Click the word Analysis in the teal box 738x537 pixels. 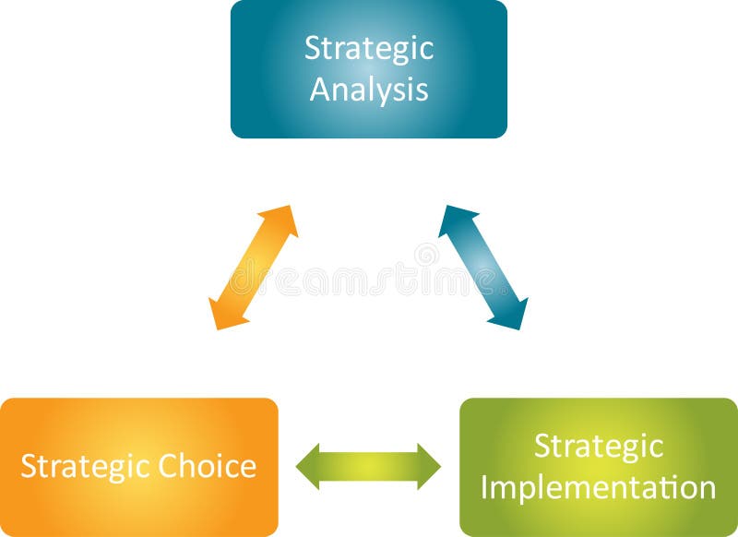coord(368,89)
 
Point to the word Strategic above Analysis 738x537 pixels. coord(368,49)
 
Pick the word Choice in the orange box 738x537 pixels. coord(207,466)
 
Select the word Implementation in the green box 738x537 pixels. coord(598,487)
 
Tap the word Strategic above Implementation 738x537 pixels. coord(598,446)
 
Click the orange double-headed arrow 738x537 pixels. coord(253,268)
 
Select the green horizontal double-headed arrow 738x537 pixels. coord(368,466)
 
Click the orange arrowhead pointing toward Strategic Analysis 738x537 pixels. coord(281,219)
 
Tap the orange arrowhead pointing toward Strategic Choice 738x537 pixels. coord(223,315)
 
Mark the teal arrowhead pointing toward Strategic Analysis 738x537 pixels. coord(454,219)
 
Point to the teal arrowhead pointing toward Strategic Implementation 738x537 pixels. coord(511,316)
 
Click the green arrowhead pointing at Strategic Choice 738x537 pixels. coord(308,466)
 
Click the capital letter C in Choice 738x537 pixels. coord(167,466)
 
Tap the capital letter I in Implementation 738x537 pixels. coord(485,487)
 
